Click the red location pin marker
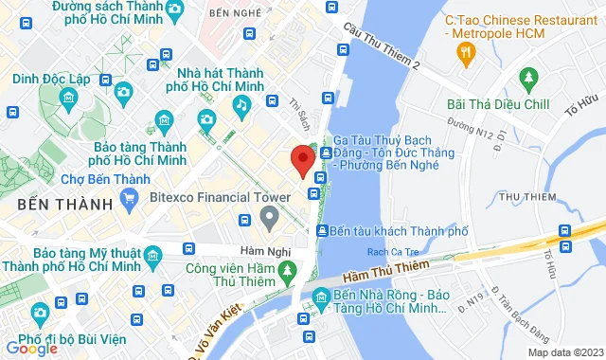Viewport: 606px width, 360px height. click(302, 160)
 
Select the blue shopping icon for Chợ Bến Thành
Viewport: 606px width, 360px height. click(130, 198)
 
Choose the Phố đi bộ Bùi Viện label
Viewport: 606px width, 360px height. click(85, 339)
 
